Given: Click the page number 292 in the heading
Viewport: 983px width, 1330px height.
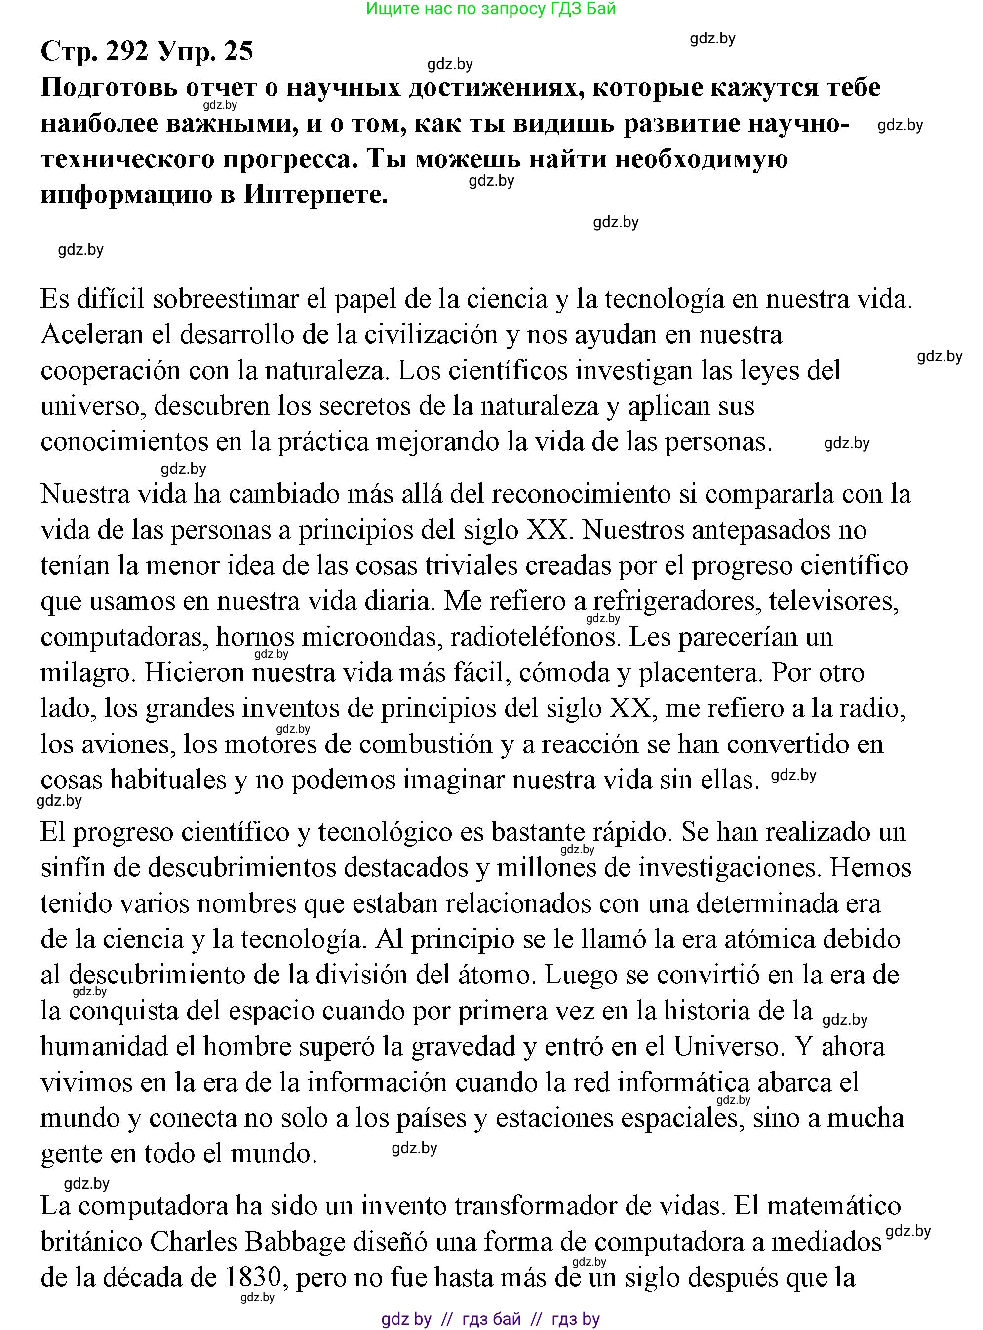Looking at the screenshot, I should click(127, 52).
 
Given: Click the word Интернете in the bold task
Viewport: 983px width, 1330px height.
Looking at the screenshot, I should click(315, 195).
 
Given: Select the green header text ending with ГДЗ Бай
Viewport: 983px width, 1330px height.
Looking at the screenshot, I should click(491, 9).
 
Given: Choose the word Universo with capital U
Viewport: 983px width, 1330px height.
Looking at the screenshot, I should click(726, 1047).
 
